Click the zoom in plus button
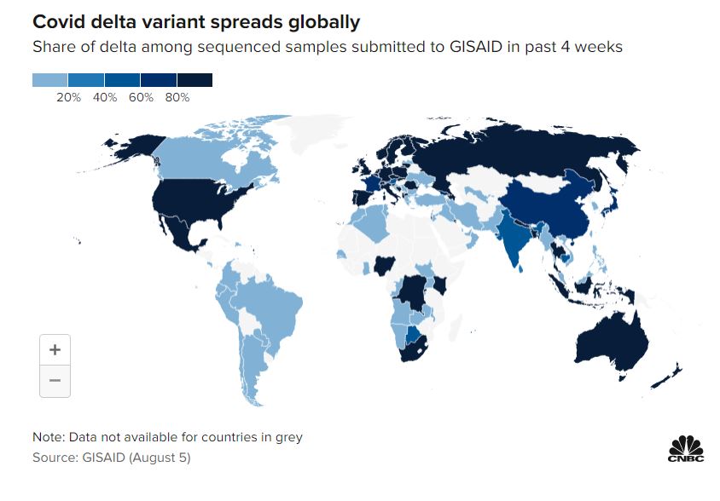[x=55, y=349]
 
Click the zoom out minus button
[x=55, y=381]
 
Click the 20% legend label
[x=68, y=98]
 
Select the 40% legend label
[x=105, y=98]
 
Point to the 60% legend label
[x=141, y=98]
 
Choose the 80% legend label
[x=177, y=98]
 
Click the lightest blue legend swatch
[x=50, y=81]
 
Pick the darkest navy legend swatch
[x=195, y=81]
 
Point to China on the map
[x=546, y=209]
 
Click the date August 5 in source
[x=161, y=458]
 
